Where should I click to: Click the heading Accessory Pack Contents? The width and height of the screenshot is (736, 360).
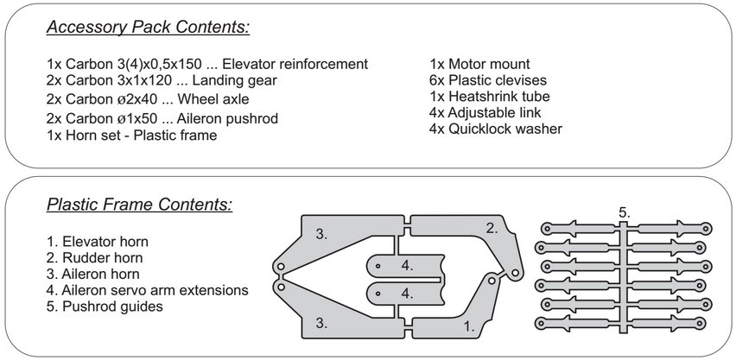(148, 28)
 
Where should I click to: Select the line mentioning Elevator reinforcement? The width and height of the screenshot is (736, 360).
(208, 65)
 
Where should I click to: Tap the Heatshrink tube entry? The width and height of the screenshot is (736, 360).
(489, 97)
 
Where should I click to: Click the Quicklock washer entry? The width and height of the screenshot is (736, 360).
(495, 129)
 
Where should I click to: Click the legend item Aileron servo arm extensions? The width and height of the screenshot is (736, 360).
(148, 290)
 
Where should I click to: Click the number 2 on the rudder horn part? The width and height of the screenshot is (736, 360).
(491, 229)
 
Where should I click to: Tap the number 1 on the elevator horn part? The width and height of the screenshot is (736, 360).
(469, 327)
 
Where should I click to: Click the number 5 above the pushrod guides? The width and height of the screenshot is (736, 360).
(624, 212)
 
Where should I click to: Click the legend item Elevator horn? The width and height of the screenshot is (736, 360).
(99, 241)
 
